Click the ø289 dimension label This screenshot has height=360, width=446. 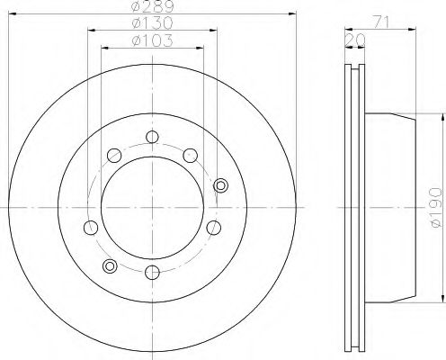click(x=153, y=6)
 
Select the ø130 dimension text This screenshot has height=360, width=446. click(x=152, y=23)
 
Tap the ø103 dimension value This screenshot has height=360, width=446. click(x=152, y=40)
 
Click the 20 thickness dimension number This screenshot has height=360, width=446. click(x=355, y=40)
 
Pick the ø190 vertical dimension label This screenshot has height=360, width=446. click(x=435, y=207)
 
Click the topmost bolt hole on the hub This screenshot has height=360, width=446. click(x=152, y=137)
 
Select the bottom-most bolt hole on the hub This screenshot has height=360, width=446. click(x=152, y=272)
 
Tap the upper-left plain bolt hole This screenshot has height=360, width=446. click(x=114, y=156)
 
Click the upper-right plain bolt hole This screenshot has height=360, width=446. click(x=191, y=156)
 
